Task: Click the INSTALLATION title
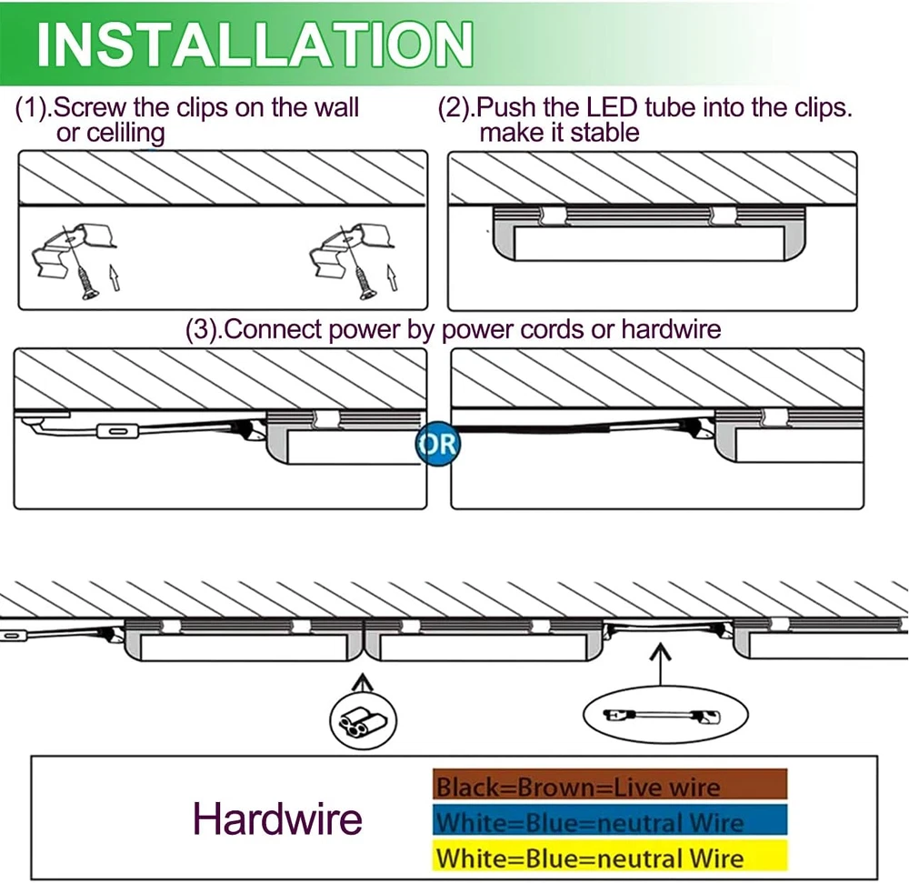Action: pos(255,43)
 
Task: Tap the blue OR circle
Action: pos(437,445)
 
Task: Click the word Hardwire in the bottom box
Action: pos(277,818)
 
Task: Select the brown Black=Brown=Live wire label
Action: pos(609,786)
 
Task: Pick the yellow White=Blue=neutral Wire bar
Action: pos(609,857)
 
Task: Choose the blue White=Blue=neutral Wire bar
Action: pos(609,822)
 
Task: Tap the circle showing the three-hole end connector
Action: pos(362,722)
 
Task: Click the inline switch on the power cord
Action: pos(111,431)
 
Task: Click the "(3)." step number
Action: pos(204,328)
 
